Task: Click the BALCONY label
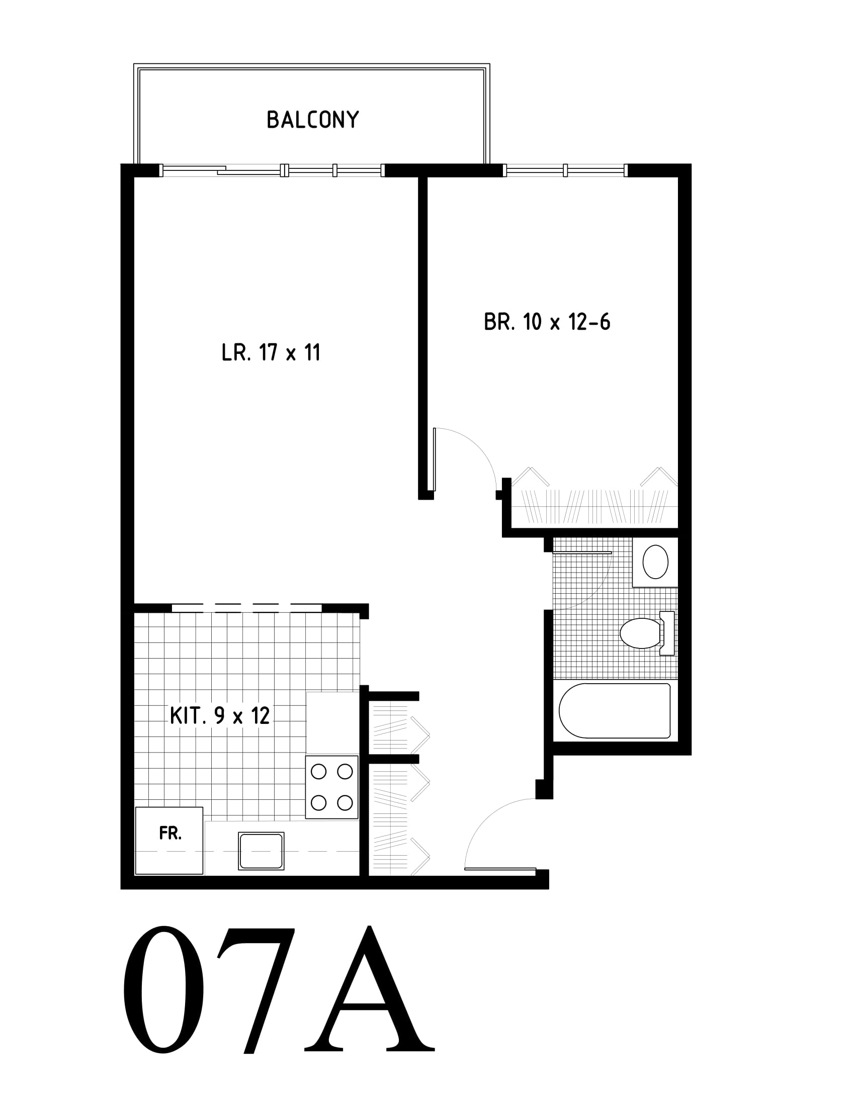point(312,120)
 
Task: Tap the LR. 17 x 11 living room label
point(271,352)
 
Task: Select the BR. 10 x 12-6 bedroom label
point(547,322)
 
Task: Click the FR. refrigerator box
point(169,840)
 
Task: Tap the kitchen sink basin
point(261,851)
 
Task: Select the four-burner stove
point(332,787)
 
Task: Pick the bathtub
point(615,710)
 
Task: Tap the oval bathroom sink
point(655,562)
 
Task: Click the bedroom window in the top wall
point(565,170)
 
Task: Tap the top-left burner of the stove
point(318,771)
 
